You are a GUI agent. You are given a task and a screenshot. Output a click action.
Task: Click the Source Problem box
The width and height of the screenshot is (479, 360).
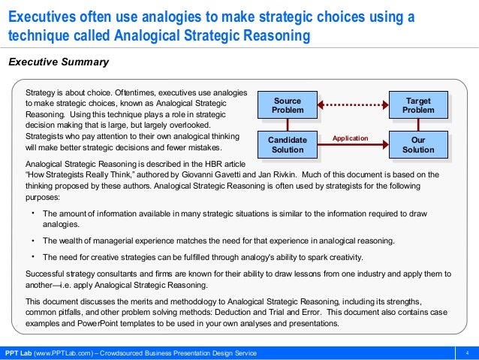(288, 106)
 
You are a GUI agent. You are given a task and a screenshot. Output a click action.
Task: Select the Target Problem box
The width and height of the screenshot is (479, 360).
(418, 106)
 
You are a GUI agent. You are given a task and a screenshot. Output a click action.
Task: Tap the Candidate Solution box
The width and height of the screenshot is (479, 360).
(288, 145)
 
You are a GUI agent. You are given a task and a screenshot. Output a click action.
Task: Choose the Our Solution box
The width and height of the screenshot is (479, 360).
(418, 145)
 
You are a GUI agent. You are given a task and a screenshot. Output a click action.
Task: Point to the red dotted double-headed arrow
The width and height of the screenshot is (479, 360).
(353, 105)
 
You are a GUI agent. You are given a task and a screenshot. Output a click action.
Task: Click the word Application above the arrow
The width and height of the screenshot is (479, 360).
(351, 138)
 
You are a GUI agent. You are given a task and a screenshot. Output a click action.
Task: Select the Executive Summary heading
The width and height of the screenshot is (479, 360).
(58, 62)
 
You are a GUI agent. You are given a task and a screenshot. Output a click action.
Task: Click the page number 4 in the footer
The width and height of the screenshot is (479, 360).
(468, 353)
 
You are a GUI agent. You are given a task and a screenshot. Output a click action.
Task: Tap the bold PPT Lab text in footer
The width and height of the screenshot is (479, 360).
(18, 353)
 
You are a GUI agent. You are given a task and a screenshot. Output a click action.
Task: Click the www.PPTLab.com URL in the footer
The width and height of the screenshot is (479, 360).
(62, 353)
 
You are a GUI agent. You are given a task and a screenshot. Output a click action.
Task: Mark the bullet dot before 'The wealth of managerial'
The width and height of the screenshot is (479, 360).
(32, 241)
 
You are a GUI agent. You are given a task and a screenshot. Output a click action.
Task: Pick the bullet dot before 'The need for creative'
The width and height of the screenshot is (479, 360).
(32, 256)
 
